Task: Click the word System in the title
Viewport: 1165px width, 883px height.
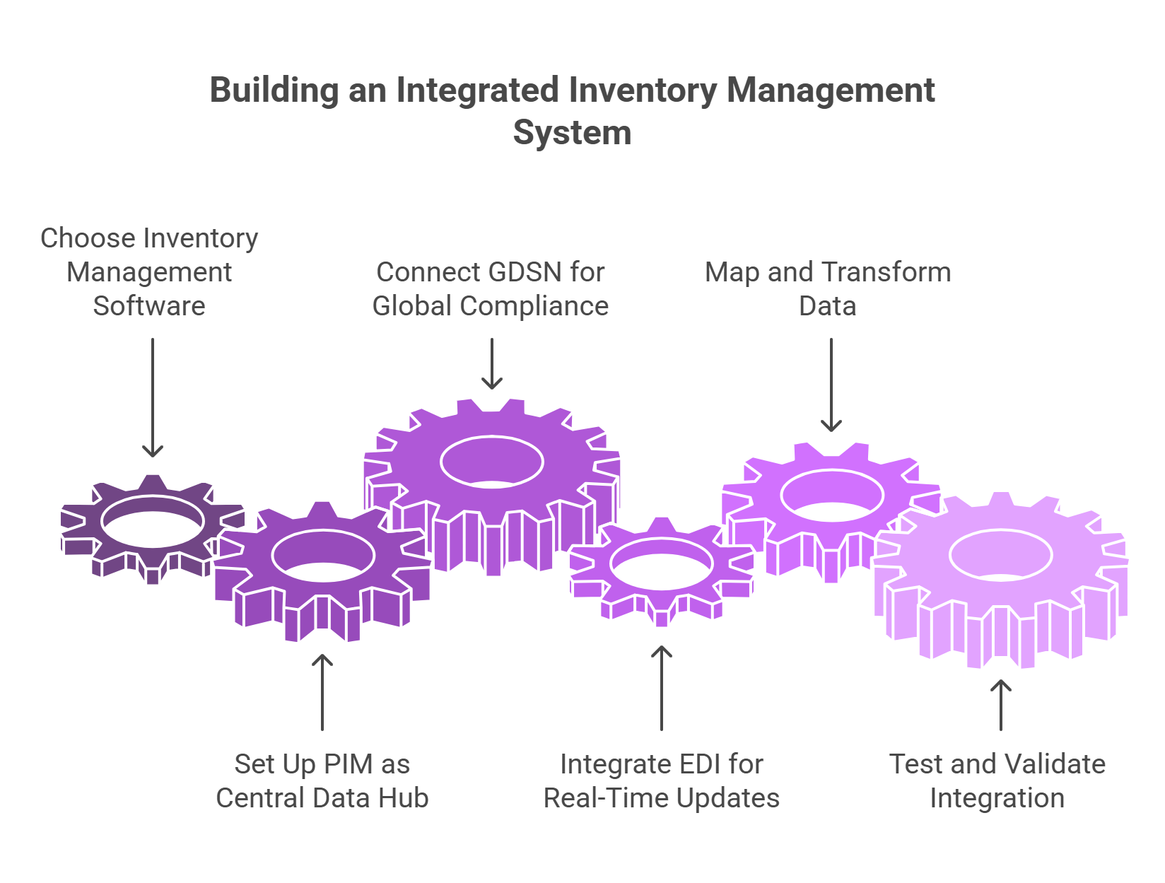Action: point(572,133)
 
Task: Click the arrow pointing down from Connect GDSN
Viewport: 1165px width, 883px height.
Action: point(491,363)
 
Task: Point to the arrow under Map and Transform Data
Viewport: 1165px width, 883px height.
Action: point(831,385)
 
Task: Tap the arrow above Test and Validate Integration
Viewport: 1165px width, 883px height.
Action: point(1001,704)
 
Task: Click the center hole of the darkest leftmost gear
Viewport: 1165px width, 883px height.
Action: point(153,523)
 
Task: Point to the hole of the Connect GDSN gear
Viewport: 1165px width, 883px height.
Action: point(491,462)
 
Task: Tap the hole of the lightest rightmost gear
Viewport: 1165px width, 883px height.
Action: point(1001,556)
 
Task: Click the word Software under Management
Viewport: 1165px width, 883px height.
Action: point(149,306)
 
